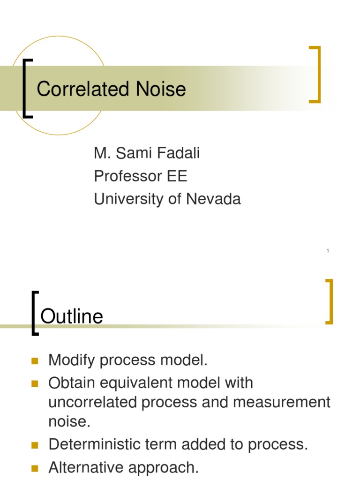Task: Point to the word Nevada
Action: pos(213,199)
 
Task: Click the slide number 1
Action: pos(328,251)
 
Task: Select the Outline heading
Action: pos(72,317)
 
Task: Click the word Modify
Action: pos(71,360)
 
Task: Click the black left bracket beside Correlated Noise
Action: pos(26,88)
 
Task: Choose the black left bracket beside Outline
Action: pos(34,313)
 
